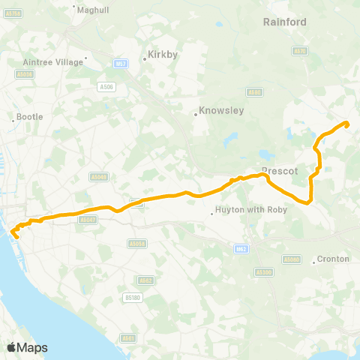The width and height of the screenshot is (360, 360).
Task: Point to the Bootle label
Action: click(30, 117)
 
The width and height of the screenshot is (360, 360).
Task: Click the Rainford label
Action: click(285, 22)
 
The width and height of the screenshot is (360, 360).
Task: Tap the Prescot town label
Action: click(280, 170)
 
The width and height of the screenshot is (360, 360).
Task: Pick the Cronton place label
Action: click(333, 259)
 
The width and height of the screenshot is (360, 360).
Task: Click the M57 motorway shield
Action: click(121, 65)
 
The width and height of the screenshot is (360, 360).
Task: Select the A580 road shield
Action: click(255, 92)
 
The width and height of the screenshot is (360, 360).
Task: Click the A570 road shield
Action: click(300, 51)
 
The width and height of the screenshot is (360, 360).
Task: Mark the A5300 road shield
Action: click(264, 272)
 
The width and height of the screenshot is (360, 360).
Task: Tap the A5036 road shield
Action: click(25, 74)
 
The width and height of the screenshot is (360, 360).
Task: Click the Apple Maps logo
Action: click(27, 347)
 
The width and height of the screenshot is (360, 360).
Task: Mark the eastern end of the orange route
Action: click(347, 124)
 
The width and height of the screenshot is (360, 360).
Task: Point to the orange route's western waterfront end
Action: click(14, 236)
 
